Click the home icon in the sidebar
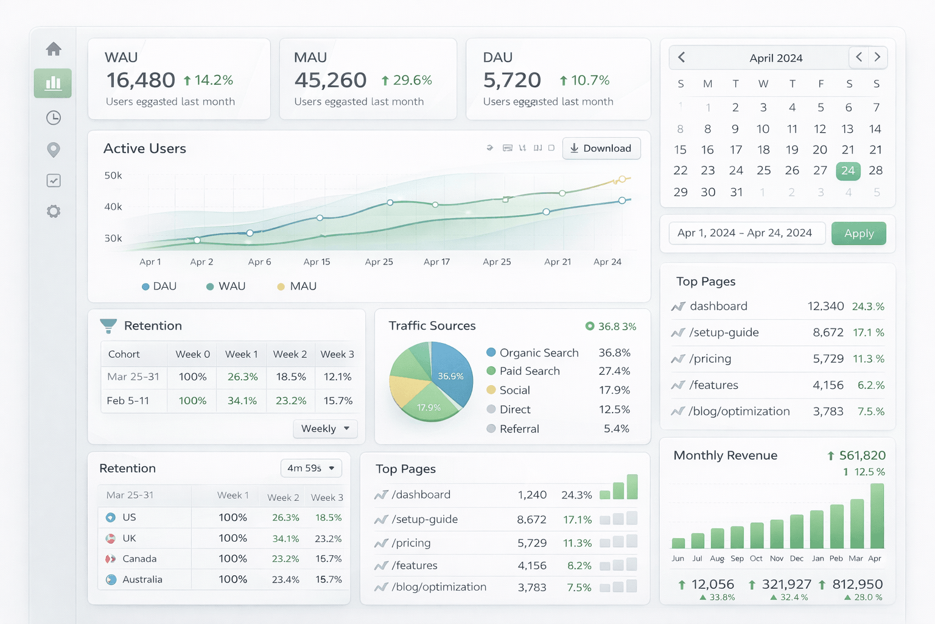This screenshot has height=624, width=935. tap(54, 49)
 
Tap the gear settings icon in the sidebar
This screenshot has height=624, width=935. tap(54, 211)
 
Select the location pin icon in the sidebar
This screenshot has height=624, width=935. tap(54, 149)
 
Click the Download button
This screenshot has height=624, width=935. tap(601, 148)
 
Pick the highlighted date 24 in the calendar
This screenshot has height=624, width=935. tap(848, 171)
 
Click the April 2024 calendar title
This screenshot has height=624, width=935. tap(776, 58)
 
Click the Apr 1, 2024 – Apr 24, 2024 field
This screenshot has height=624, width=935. tap(746, 233)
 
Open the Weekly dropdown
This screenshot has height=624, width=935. tap(325, 428)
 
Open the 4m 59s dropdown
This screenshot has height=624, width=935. tap(311, 468)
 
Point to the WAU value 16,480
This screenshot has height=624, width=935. tap(141, 80)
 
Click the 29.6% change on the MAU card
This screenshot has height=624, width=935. tap(407, 80)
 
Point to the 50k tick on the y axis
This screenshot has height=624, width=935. tap(113, 175)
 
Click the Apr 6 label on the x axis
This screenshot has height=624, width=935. tap(259, 262)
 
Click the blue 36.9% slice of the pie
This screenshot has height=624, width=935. tap(451, 373)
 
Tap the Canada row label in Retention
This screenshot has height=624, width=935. tap(139, 559)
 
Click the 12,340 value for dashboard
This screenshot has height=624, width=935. tap(825, 306)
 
